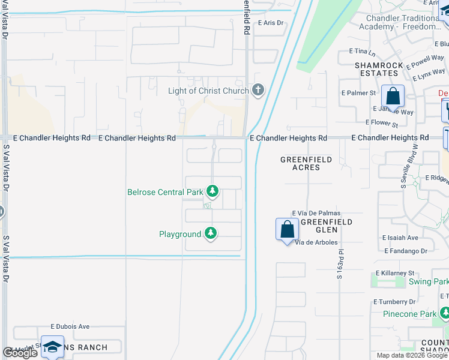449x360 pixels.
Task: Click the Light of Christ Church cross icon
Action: coord(259,91)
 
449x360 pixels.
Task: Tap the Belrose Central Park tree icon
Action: coord(212,192)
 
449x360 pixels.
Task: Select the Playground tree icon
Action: coord(210,233)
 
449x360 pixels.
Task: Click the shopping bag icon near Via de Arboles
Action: coord(288,229)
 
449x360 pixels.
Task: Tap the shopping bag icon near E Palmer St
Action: coord(393,96)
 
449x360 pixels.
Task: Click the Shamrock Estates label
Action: coord(376,69)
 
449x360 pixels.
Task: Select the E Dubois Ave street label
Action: coord(70,326)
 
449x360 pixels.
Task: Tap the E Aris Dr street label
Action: coord(270,23)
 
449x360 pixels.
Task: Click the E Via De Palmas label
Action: coord(316,214)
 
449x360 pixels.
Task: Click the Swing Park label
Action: coord(428,281)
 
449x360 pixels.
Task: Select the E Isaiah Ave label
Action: coord(401,238)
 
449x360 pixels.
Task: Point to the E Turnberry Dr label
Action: coord(394,302)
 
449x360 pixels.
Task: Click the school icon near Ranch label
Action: coord(52,347)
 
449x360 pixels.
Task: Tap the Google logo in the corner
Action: coord(20,353)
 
